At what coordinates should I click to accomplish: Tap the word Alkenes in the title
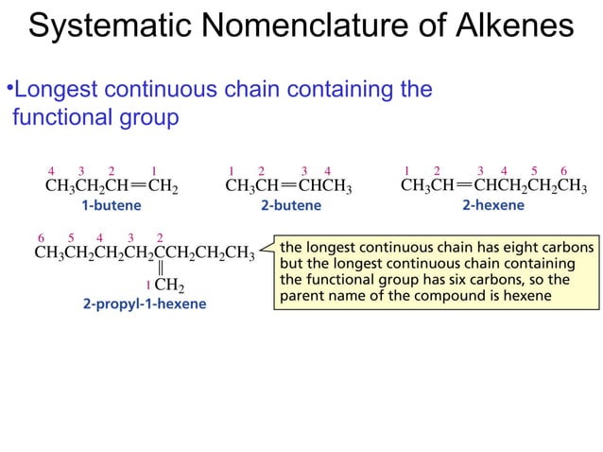[x=512, y=26]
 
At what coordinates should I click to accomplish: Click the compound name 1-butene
[x=112, y=204]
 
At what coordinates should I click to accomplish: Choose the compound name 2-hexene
[x=493, y=204]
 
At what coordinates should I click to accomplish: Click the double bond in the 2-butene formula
[x=284, y=186]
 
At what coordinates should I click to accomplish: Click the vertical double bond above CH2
[x=162, y=269]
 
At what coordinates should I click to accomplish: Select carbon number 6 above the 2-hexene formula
[x=563, y=170]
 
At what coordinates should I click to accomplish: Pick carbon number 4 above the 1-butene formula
[x=52, y=170]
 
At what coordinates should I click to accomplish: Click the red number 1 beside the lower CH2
[x=147, y=284]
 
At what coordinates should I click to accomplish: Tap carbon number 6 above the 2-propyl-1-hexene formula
[x=40, y=236]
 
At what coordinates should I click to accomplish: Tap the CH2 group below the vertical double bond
[x=169, y=285]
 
